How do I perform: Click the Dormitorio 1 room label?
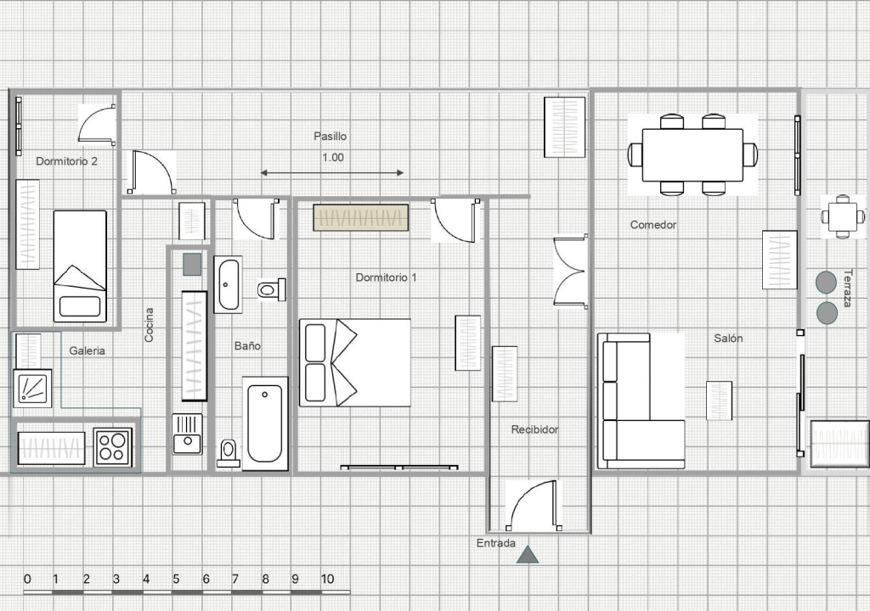386,277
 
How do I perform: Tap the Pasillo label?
330,136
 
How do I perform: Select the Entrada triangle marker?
527,554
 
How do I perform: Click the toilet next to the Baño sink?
272,289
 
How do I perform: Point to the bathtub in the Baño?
265,423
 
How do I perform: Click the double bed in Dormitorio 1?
355,362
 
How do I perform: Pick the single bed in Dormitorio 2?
80,266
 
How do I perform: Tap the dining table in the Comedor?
692,154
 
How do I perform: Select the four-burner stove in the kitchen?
113,447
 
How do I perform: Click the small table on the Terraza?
843,216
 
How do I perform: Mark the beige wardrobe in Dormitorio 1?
360,217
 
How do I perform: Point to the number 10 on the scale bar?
327,580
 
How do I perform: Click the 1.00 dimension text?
333,158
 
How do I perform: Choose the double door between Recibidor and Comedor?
570,271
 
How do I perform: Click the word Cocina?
149,325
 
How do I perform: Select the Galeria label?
88,350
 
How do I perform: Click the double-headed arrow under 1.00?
332,173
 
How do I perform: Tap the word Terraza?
847,288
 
